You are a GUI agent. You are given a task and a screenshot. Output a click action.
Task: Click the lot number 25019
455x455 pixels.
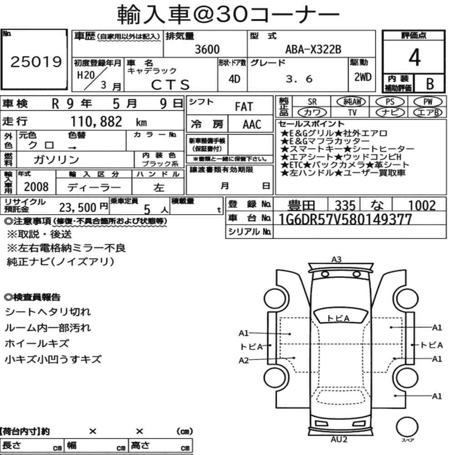coord(36,62)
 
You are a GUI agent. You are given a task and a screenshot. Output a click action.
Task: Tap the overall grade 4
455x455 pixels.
coord(415,57)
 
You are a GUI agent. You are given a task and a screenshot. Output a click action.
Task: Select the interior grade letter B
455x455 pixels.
coord(430,84)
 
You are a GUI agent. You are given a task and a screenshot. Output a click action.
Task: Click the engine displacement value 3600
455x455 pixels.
coord(207,49)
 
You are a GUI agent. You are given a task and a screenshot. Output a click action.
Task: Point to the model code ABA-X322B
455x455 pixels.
coord(313,49)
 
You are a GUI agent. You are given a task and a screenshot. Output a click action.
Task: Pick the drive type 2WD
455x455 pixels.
coord(363,77)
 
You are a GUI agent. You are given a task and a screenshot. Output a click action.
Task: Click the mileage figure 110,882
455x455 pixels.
coord(96,121)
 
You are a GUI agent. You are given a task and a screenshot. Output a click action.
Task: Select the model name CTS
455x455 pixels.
coord(170,85)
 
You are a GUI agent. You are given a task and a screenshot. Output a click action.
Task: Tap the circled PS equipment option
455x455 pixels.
coord(390,102)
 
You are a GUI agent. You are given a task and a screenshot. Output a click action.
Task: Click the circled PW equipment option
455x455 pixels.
coord(428,102)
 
